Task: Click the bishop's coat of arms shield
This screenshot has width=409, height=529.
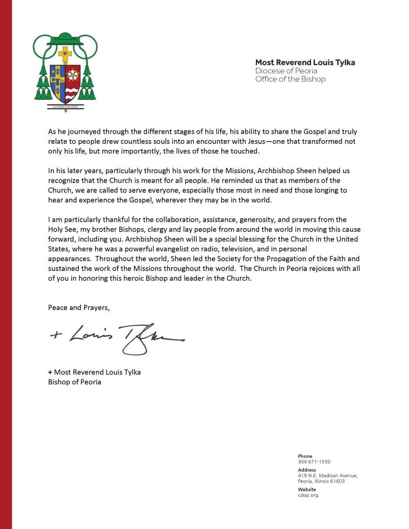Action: click(x=66, y=83)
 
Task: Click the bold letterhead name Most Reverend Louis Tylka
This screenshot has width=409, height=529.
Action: click(x=305, y=63)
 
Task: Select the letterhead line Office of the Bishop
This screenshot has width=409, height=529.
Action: click(x=291, y=79)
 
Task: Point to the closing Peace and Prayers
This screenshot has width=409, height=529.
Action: click(x=79, y=307)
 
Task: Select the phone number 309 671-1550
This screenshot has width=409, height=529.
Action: click(x=314, y=462)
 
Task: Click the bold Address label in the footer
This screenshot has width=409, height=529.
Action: click(x=307, y=470)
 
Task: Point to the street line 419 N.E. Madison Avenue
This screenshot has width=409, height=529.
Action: click(x=328, y=475)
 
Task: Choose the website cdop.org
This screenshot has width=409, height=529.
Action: click(x=308, y=495)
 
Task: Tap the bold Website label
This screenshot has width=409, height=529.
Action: click(x=307, y=489)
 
